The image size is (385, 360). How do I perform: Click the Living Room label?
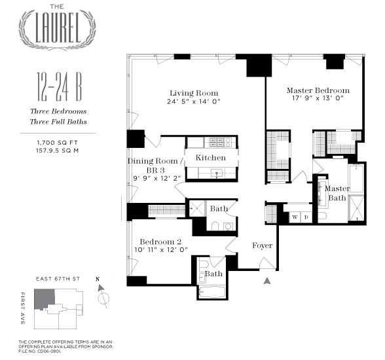193,93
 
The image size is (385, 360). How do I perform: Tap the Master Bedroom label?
318,90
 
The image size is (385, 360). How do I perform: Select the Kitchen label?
210,158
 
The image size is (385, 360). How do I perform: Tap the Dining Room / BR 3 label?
153,166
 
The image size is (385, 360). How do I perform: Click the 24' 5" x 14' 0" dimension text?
193,102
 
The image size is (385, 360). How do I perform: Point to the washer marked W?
295,217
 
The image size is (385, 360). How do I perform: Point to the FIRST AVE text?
24,308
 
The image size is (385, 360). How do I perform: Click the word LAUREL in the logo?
60,29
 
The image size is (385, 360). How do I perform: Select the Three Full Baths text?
58,122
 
